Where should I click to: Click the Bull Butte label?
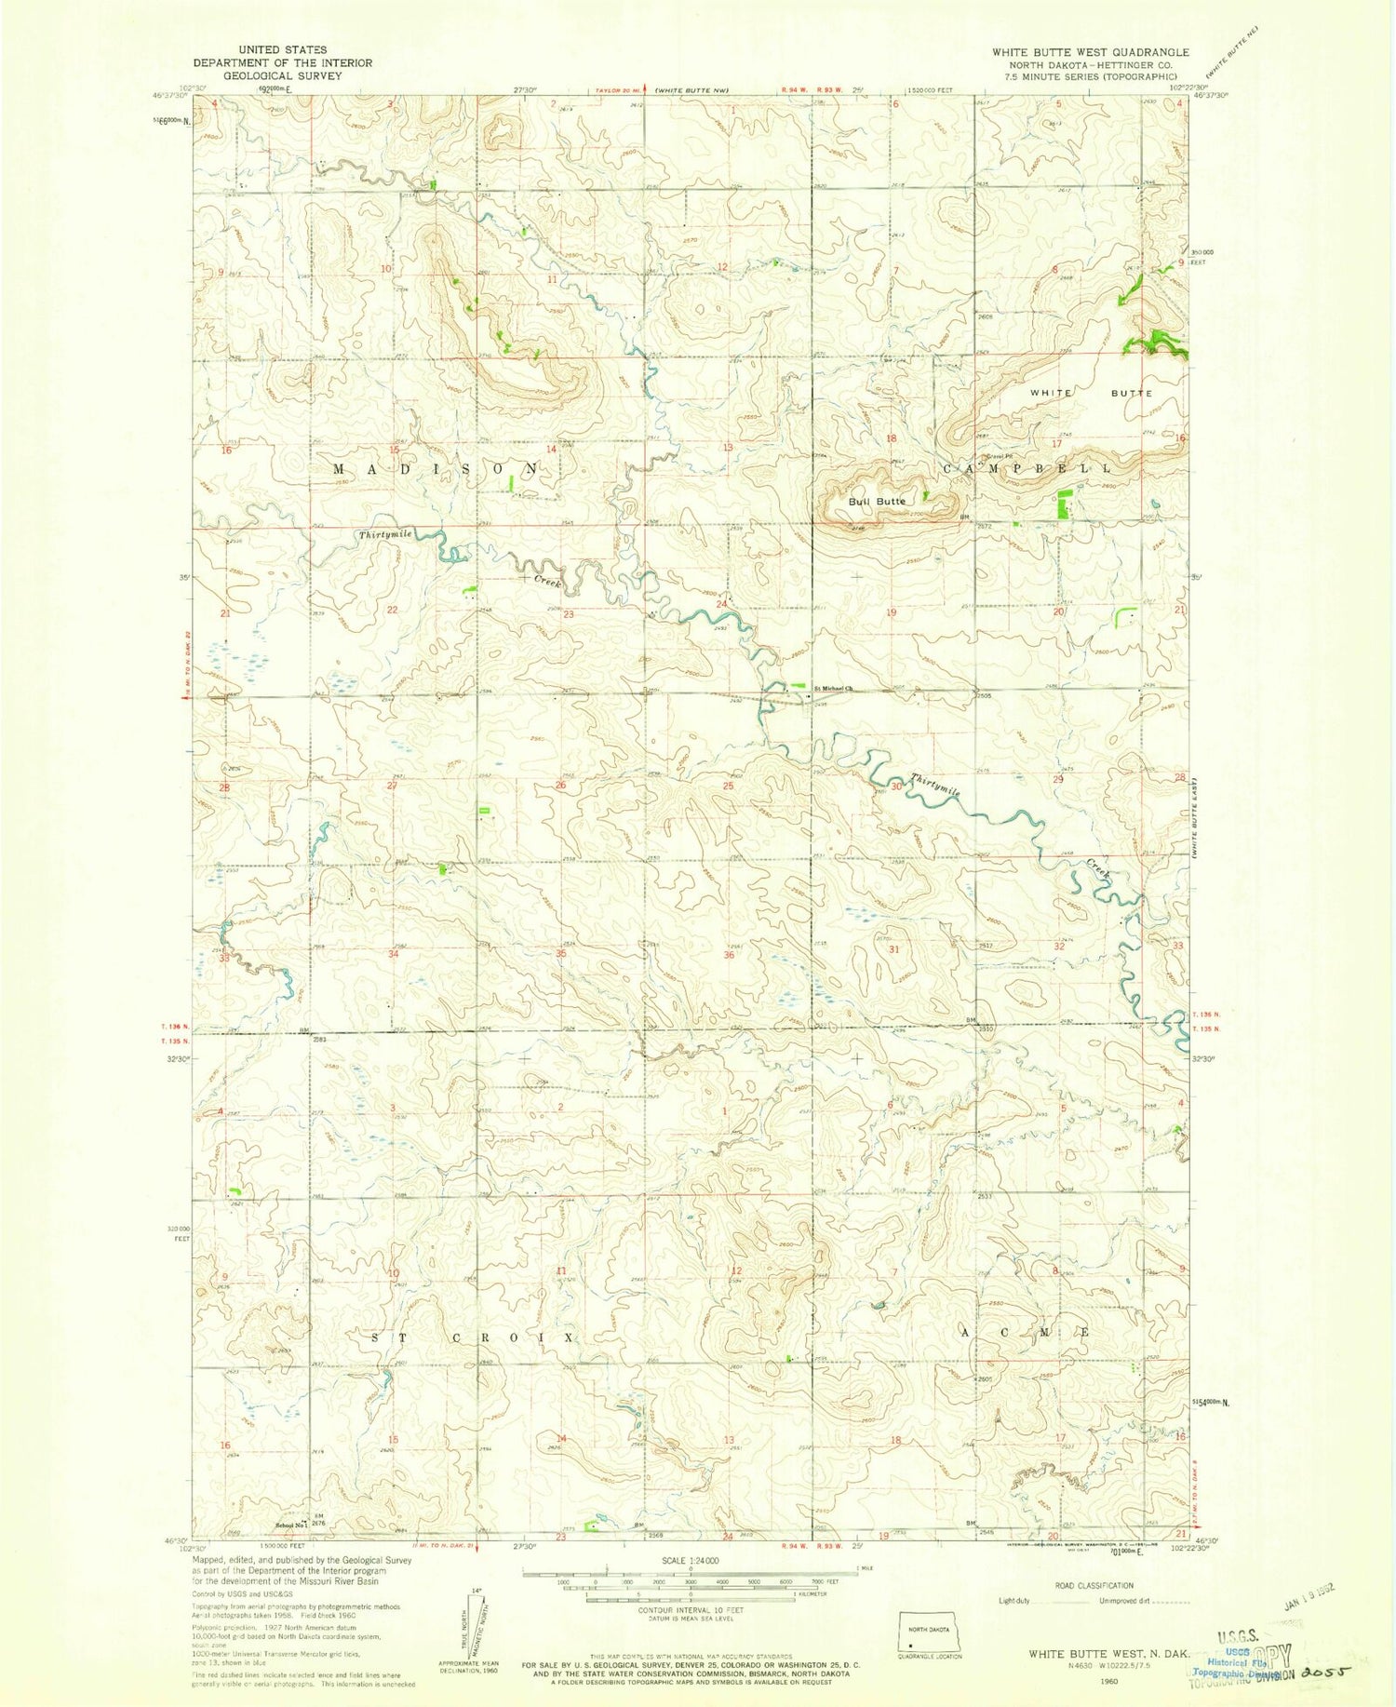click(876, 502)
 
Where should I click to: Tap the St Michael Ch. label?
click(834, 689)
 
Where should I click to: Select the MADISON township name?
click(436, 469)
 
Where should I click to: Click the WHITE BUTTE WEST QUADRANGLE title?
click(1090, 52)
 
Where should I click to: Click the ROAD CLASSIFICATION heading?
click(1094, 1585)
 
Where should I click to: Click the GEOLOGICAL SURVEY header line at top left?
click(282, 75)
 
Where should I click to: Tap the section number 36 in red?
click(729, 955)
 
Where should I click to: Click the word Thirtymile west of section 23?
click(385, 534)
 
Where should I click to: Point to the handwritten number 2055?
click(1325, 1672)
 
